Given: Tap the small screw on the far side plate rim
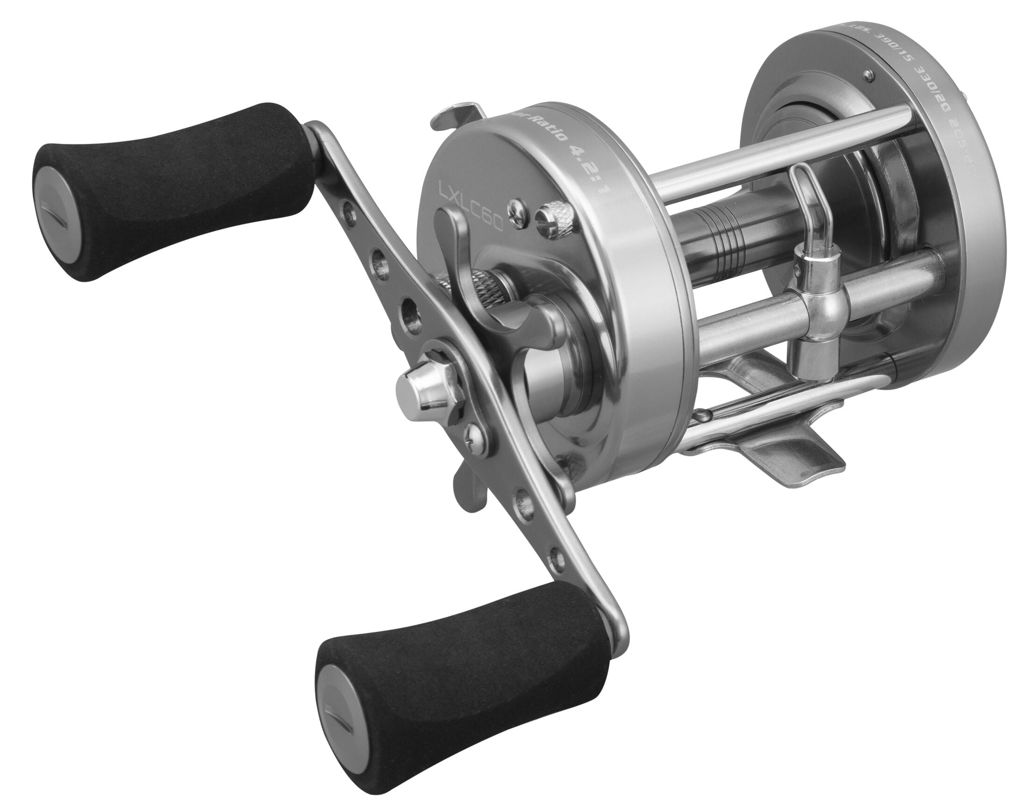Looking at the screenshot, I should point(867,73).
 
